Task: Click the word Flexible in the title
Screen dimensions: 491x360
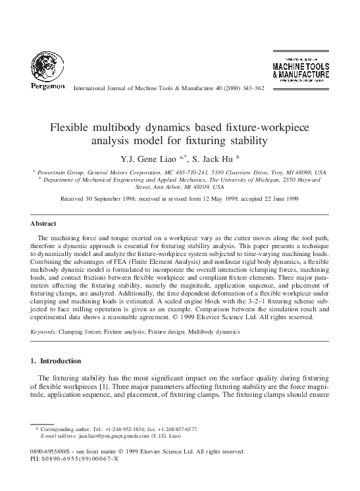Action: [x=70, y=127]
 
